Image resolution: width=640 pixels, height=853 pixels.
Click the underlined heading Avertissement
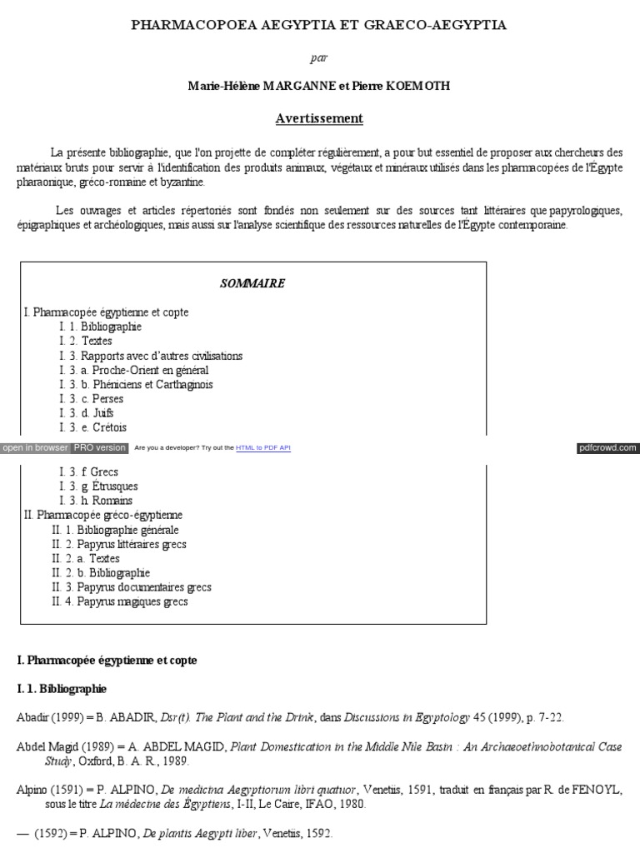[x=319, y=118]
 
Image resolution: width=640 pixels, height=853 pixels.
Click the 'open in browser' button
[x=35, y=448]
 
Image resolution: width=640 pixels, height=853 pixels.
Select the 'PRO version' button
[x=99, y=448]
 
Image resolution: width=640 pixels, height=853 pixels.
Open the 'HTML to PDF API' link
[x=263, y=448]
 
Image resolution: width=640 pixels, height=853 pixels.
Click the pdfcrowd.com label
[x=607, y=448]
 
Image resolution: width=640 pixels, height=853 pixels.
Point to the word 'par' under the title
[x=319, y=57]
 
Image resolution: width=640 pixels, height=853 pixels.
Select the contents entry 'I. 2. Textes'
[x=86, y=342]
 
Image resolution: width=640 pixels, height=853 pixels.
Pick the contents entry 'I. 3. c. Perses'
[x=92, y=399]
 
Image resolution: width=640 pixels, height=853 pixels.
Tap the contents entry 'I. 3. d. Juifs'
[x=87, y=413]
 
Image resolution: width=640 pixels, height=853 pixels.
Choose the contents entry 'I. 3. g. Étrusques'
[x=99, y=486]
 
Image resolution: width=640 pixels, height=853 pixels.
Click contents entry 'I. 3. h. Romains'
[x=96, y=501]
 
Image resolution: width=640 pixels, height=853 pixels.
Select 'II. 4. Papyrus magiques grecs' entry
[x=120, y=601]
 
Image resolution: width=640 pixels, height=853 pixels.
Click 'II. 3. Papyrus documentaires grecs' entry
[x=132, y=587]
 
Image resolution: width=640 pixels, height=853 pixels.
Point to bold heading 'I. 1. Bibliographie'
[x=62, y=689]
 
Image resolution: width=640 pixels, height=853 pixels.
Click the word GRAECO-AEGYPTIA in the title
[x=435, y=26]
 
